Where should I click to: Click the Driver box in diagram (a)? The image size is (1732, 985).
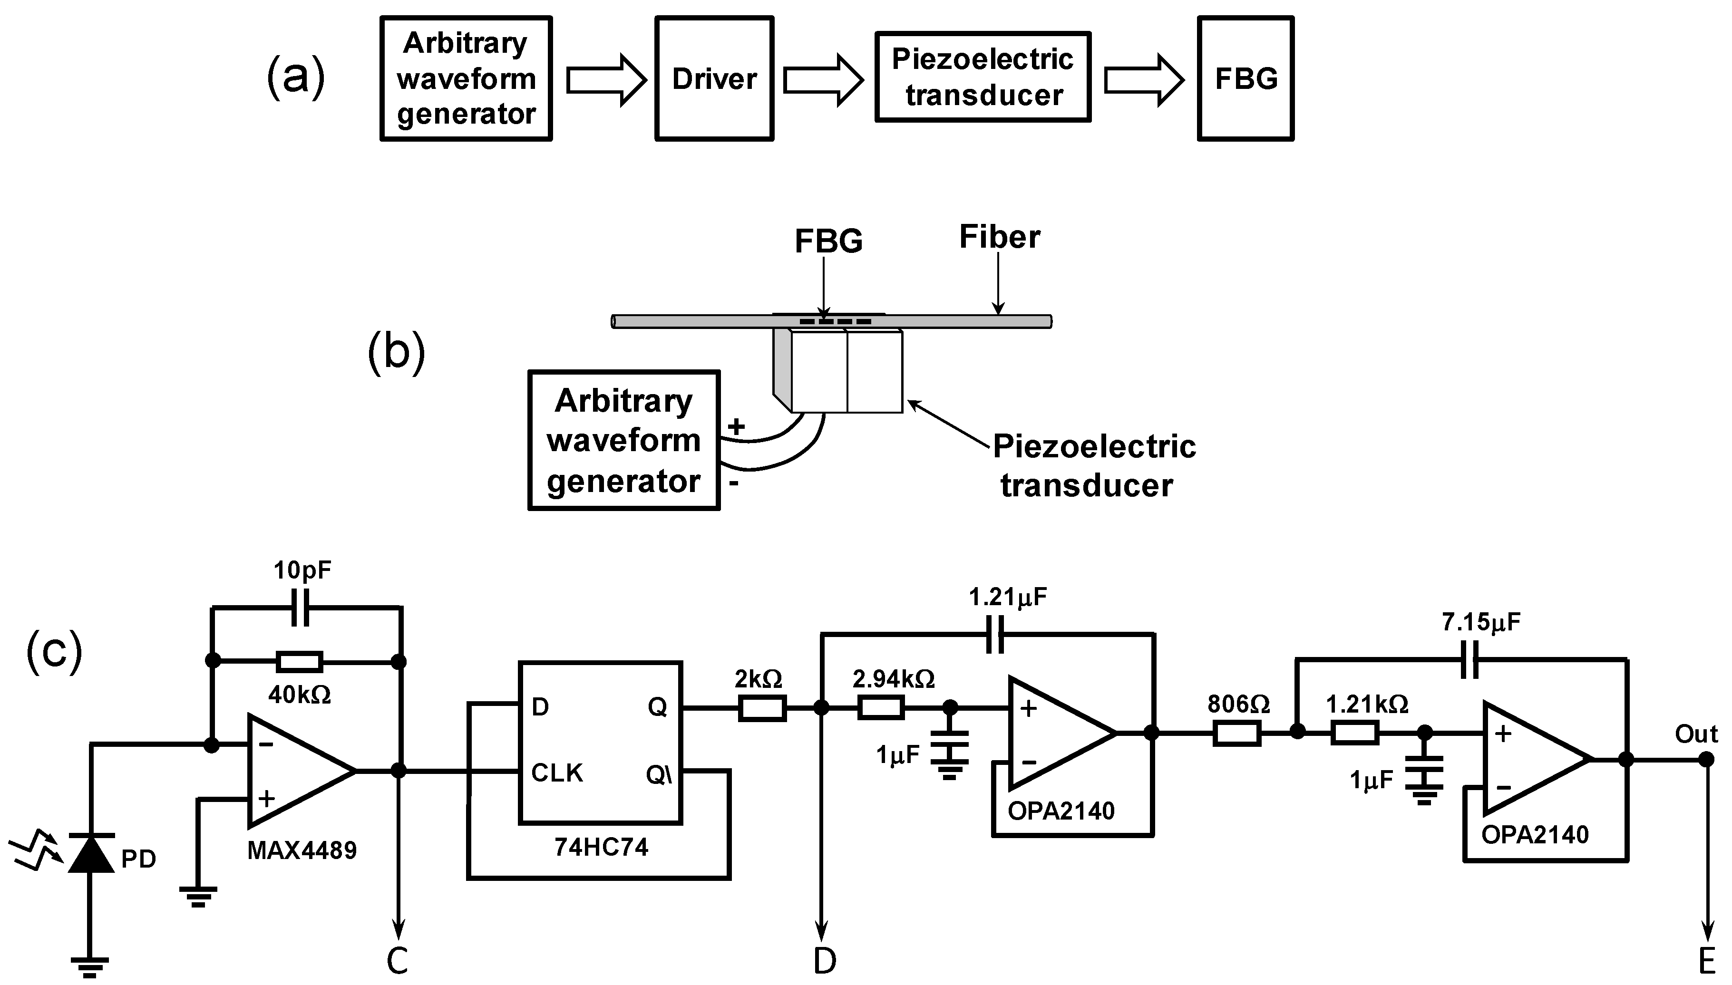pos(714,78)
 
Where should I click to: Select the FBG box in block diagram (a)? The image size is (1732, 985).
pos(1245,78)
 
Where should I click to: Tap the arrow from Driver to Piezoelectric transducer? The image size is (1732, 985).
pos(823,80)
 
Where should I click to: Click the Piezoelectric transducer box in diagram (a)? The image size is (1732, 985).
pos(983,77)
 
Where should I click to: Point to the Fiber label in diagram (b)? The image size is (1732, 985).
pos(999,237)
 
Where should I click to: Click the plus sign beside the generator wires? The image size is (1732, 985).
pos(736,426)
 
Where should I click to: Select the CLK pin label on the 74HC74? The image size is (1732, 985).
pos(557,773)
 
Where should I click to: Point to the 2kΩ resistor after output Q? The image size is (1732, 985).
pos(762,708)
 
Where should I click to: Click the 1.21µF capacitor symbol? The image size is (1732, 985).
pos(994,634)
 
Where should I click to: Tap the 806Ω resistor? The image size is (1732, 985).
pos(1237,734)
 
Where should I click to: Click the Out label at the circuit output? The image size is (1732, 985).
pos(1695,734)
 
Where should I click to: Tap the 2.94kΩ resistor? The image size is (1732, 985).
pos(881,708)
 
